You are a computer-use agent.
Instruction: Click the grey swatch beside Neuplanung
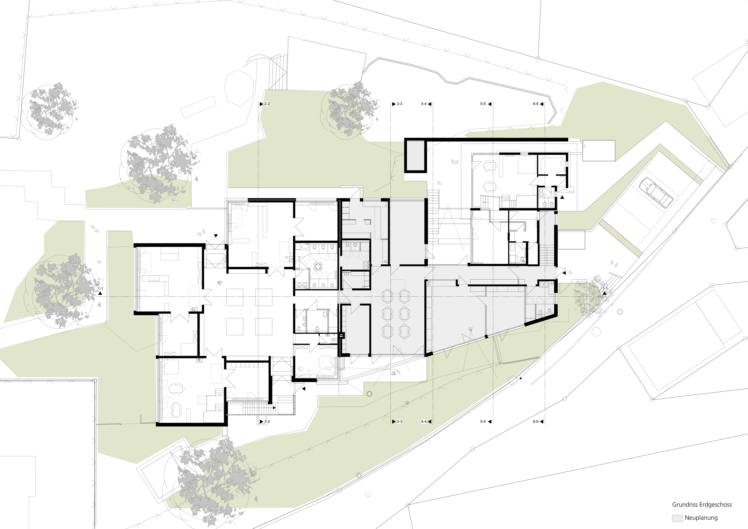(x=677, y=518)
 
